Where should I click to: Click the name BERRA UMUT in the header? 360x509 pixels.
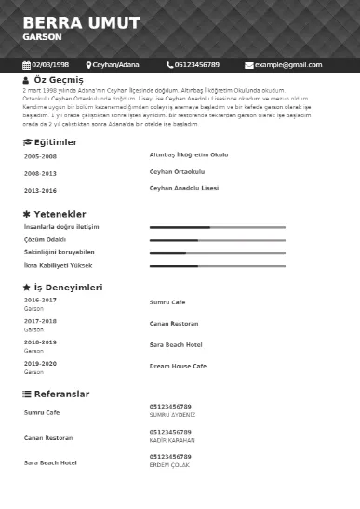[x=82, y=22]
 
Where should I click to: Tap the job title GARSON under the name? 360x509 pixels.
[x=42, y=37]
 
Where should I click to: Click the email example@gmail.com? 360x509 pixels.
[x=288, y=65]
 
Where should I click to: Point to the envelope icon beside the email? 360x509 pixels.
[x=248, y=65]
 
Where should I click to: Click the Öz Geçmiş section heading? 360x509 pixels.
[x=59, y=81]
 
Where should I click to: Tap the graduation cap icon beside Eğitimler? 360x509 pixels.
[x=27, y=141]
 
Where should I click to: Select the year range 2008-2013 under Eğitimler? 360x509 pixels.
[x=40, y=173]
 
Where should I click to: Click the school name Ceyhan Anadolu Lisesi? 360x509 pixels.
[x=184, y=188]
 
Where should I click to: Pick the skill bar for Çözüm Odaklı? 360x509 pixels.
[x=217, y=240]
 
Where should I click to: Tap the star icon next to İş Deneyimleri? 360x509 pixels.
[x=27, y=288]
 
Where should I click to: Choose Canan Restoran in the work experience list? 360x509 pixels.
[x=174, y=324]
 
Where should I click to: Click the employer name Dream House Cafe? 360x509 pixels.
[x=178, y=366]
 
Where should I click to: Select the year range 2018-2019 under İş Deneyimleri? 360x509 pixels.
[x=40, y=342]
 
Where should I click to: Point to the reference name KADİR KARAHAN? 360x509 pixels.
[x=172, y=440]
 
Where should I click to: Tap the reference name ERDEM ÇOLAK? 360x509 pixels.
[x=170, y=465]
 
